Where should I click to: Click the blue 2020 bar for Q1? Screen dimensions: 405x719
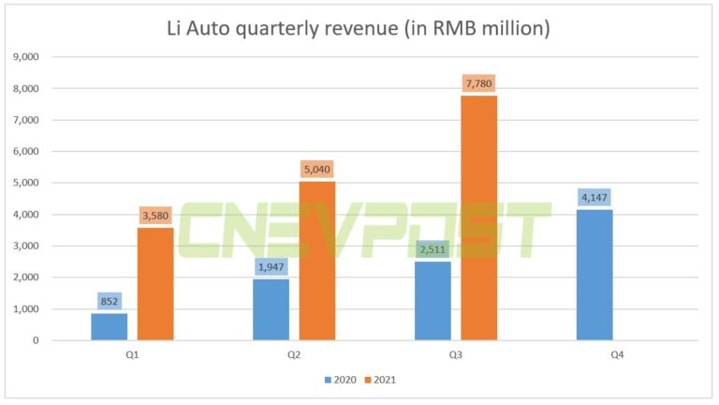pyautogui.click(x=110, y=326)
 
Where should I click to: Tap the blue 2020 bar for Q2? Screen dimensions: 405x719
pyautogui.click(x=271, y=309)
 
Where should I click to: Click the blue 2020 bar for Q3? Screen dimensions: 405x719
pyautogui.click(x=433, y=300)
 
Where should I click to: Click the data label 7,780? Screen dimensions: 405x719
pyautogui.click(x=478, y=84)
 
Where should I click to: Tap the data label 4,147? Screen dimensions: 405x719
pyautogui.click(x=594, y=198)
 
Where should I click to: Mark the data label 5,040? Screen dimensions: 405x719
pyautogui.click(x=317, y=171)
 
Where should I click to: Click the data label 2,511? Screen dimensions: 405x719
pyautogui.click(x=433, y=249)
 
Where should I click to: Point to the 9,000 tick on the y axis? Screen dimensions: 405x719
pyautogui.click(x=25, y=56)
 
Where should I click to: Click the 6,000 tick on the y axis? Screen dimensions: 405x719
pyautogui.click(x=25, y=151)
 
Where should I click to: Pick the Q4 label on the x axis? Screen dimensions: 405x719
pyautogui.click(x=617, y=355)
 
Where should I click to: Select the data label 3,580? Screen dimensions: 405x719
pyautogui.click(x=156, y=217)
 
